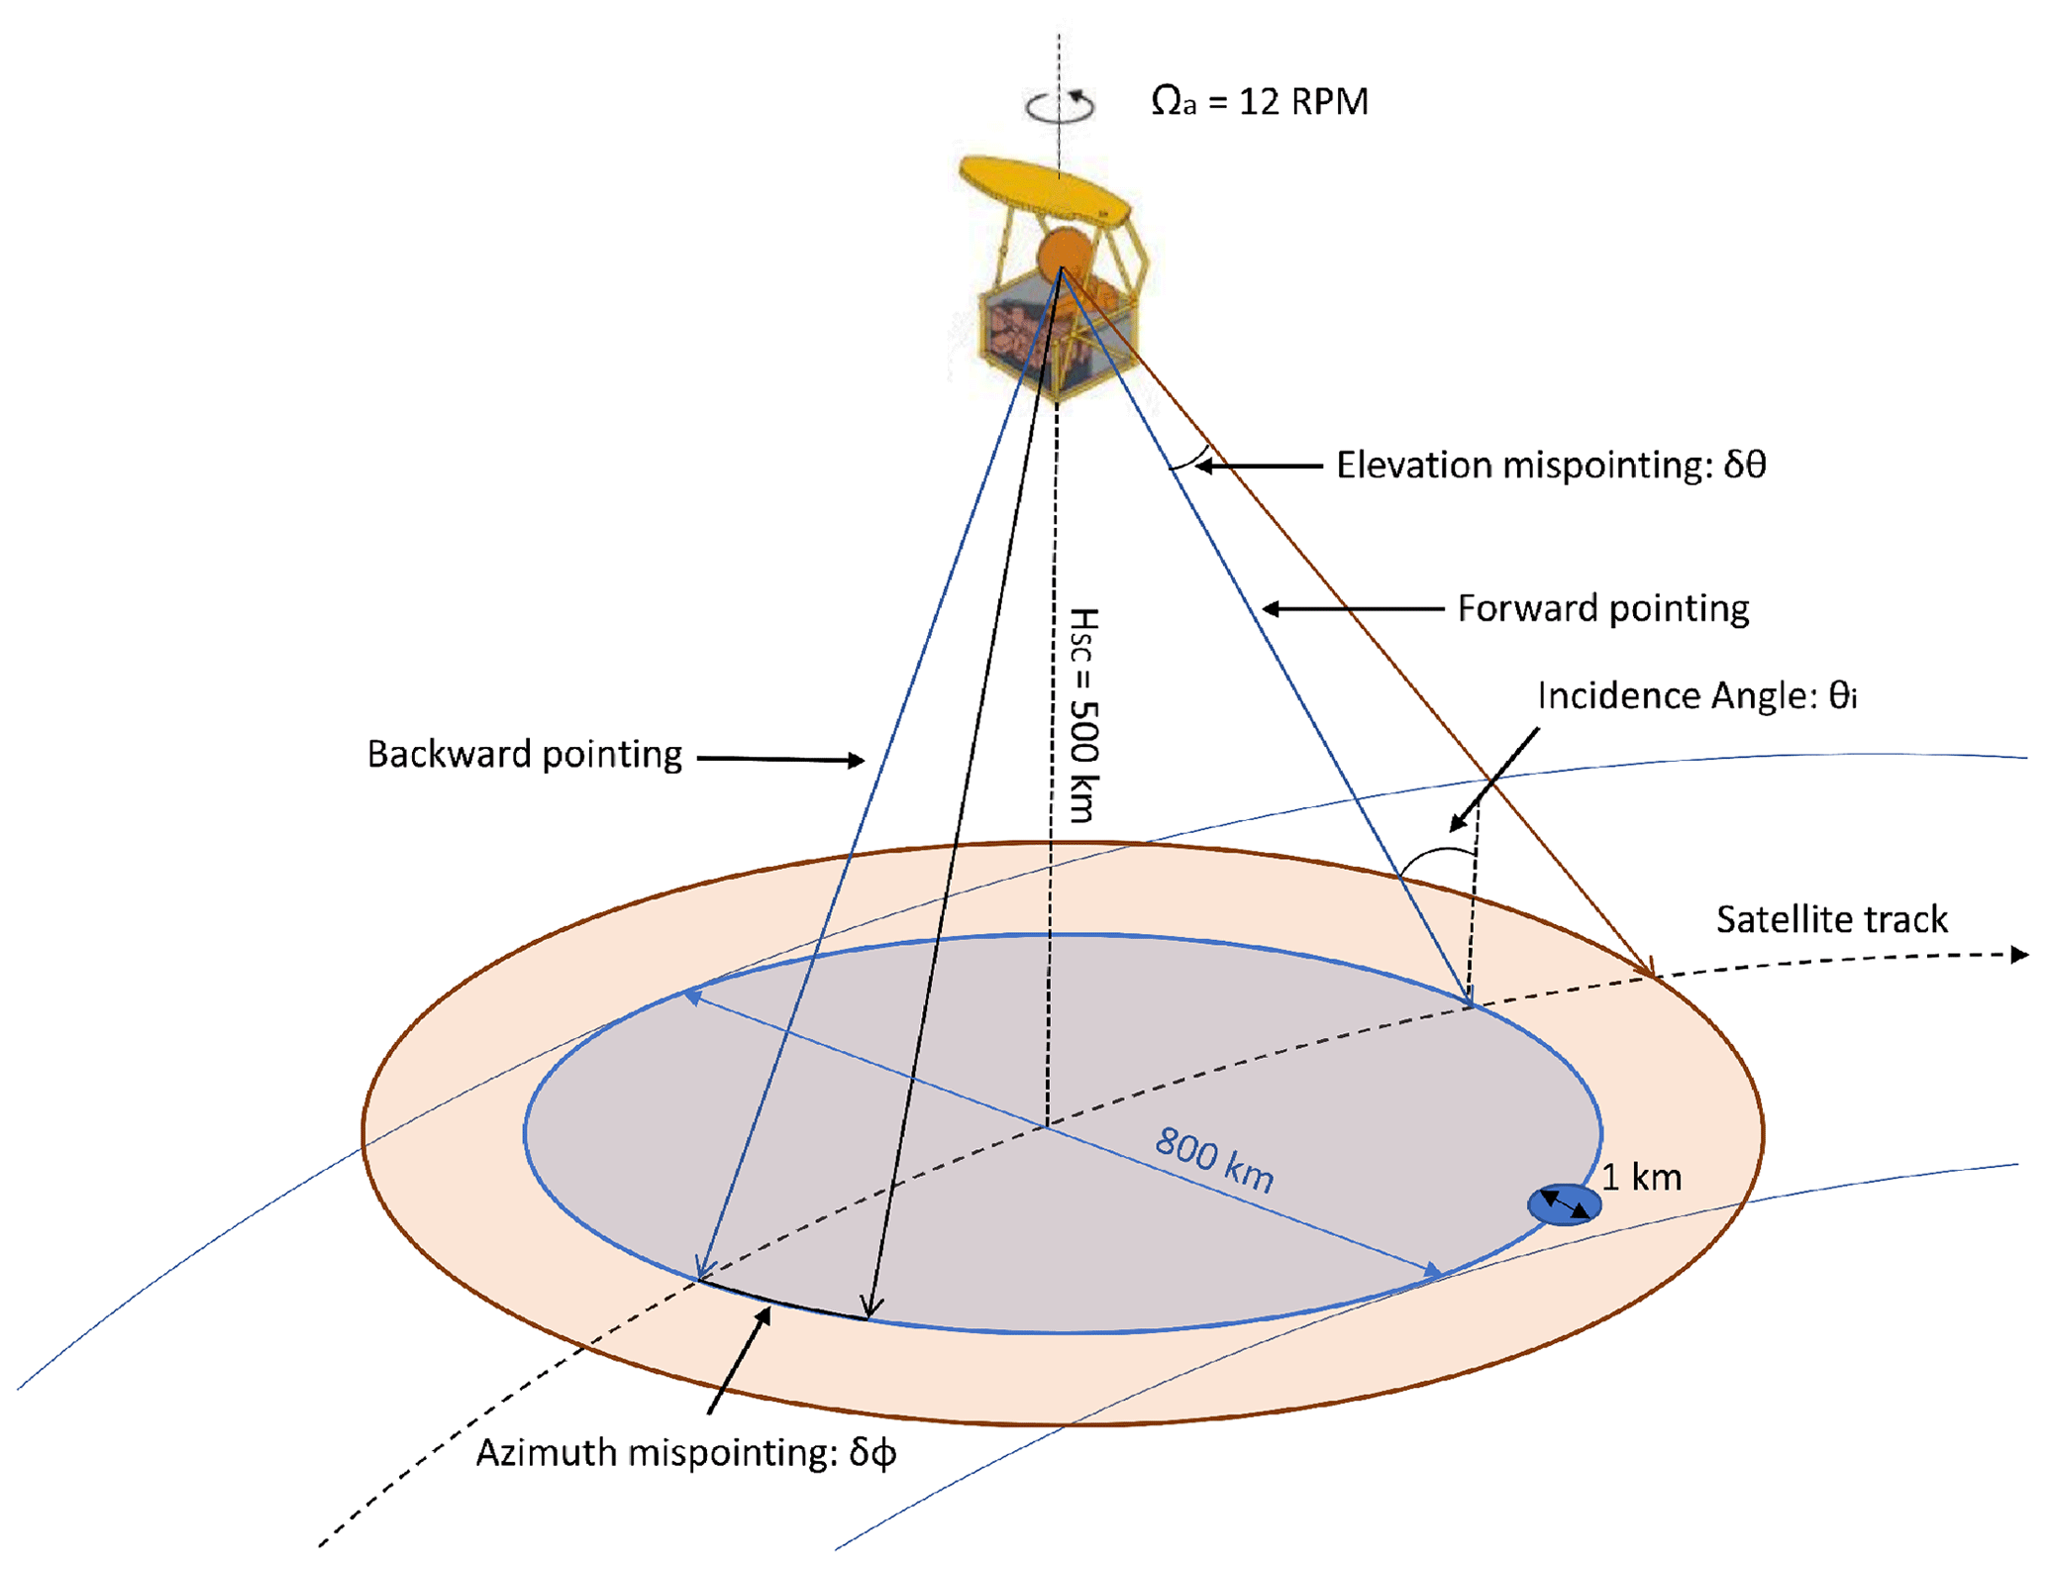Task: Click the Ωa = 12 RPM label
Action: pos(1259,102)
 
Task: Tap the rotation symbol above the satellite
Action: pos(1060,106)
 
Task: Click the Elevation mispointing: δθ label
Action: pos(1551,465)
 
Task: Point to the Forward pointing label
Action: pos(1602,608)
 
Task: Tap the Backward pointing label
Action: pos(524,755)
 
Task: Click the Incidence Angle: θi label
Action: pos(1696,696)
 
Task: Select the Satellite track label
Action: pos(1831,919)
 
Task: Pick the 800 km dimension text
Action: pos(1215,1160)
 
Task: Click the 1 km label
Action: pos(1641,1178)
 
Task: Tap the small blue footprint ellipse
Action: pos(1564,1204)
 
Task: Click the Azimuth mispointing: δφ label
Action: pos(686,1453)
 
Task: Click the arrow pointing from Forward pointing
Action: pos(1352,609)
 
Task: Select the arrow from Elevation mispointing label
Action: pos(1258,465)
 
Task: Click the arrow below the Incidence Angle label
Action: pos(1494,780)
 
